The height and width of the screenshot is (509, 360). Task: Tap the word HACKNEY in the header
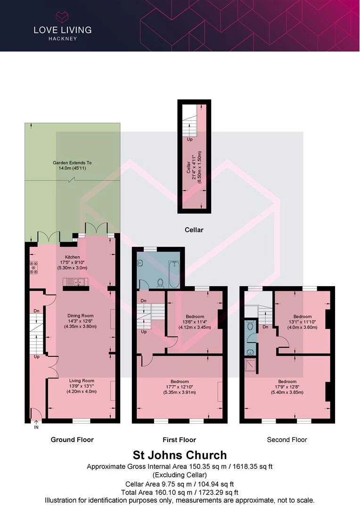[x=63, y=39]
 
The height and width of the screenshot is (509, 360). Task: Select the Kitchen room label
[x=73, y=257]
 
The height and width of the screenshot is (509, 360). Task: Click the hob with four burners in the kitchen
[x=33, y=268]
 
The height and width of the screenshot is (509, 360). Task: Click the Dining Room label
[x=81, y=315]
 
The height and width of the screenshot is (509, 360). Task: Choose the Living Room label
[x=82, y=381]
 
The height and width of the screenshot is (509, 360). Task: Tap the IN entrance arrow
[x=36, y=425]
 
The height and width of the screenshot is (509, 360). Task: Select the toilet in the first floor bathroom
[x=160, y=283]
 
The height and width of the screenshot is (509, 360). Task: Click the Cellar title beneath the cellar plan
[x=194, y=230]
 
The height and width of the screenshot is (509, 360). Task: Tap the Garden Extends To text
[x=72, y=163]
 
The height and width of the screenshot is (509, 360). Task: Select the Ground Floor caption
[x=72, y=440]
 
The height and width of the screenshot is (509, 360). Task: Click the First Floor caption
[x=179, y=440]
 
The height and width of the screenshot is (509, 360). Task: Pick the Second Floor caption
[x=287, y=440]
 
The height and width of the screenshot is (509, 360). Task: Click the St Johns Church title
[x=180, y=455]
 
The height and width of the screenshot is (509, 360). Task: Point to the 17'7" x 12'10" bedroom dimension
[x=180, y=387]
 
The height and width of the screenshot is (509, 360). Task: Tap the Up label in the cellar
[x=189, y=139]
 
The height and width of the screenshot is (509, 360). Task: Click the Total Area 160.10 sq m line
[x=180, y=493]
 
